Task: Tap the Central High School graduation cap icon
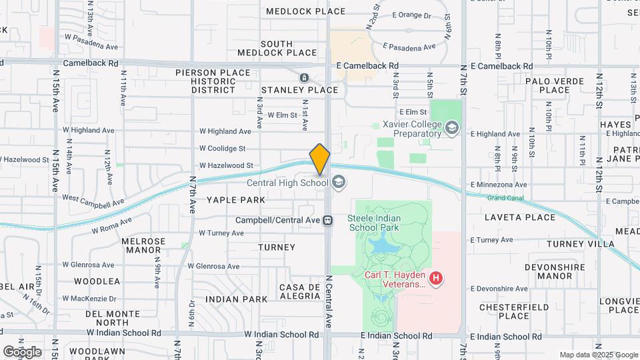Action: coord(338,182)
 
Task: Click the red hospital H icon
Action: coord(436,278)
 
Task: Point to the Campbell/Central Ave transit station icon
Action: coord(328,220)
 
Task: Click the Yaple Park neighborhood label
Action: coord(235,200)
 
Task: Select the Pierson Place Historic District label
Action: coord(213,81)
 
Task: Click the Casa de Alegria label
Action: coord(302,291)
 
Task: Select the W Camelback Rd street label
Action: coord(91,63)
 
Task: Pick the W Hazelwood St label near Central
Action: coord(226,165)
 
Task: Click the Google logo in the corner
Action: coord(22,351)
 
